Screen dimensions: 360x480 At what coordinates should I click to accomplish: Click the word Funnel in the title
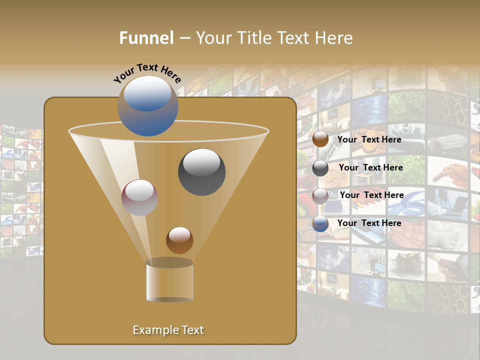pos(146,38)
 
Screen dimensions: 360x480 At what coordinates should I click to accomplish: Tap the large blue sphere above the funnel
pos(148,106)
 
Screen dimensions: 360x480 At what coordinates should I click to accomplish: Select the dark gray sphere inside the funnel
pos(201,172)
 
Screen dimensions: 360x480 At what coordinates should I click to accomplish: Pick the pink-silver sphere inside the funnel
pos(140,197)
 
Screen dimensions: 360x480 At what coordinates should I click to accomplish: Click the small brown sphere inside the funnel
pos(179,240)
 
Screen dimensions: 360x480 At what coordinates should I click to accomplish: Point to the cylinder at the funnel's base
pos(169,282)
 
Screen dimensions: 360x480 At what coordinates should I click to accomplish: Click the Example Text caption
pos(168,330)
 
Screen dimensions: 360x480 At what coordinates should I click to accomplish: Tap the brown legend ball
pos(320,139)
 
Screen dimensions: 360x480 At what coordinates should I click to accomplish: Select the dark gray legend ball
pos(320,168)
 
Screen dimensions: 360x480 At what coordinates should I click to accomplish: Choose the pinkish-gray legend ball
pos(320,195)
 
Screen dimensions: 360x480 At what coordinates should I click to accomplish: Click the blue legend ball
pos(320,223)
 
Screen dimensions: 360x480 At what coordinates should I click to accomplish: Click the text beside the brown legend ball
pos(369,139)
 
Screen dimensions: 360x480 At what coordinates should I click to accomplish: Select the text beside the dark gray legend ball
pos(370,167)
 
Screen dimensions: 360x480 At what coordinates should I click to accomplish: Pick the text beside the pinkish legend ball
pos(371,195)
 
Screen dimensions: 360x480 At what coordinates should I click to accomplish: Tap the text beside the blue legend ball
pos(369,223)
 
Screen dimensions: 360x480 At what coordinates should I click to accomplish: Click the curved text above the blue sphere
pos(147,72)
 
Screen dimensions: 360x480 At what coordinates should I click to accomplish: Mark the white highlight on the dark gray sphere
pos(201,161)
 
